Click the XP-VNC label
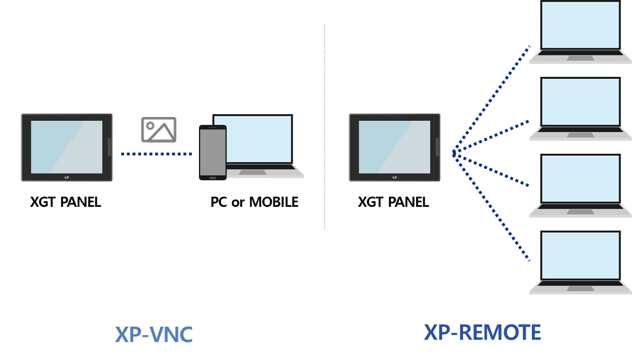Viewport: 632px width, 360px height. tap(154, 335)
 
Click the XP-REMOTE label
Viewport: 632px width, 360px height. tap(482, 332)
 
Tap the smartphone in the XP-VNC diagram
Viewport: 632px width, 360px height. tap(213, 152)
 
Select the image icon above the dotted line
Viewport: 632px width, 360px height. tap(159, 130)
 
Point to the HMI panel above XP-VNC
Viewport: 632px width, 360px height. tap(67, 147)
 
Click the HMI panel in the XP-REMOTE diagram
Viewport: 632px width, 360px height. tap(394, 147)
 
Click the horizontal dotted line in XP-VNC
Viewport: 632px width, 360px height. tap(156, 154)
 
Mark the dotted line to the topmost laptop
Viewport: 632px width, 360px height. tap(492, 99)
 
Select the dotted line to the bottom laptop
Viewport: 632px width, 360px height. tap(492, 207)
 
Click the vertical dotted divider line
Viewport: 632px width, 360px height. tap(324, 127)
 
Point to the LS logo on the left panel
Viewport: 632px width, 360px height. tap(67, 177)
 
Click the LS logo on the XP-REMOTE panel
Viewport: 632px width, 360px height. tap(394, 177)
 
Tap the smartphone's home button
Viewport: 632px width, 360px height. tap(213, 177)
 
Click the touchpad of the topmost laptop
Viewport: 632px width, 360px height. tap(581, 58)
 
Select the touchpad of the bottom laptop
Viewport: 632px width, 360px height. tap(581, 288)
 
